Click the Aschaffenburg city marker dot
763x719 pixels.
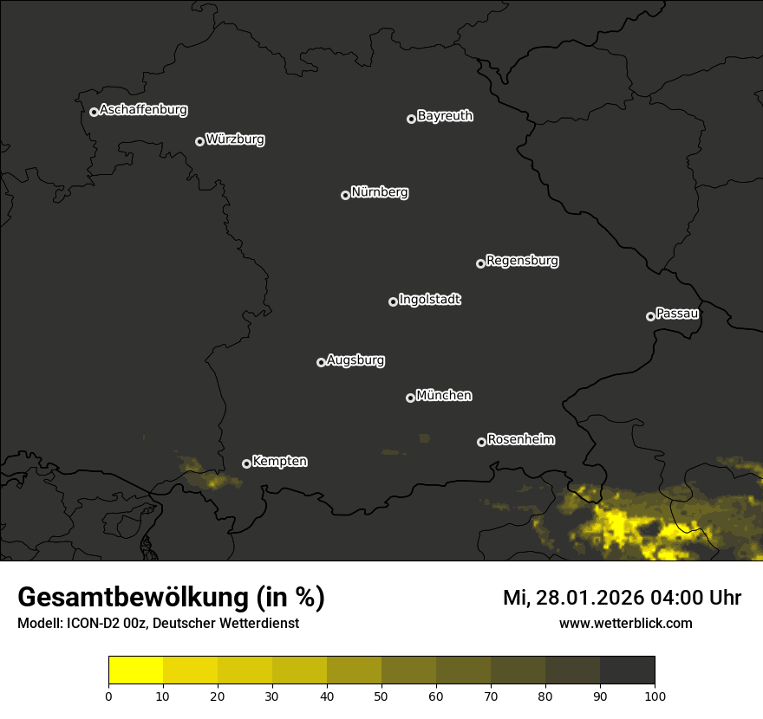[x=94, y=112]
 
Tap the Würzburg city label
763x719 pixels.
[x=235, y=139]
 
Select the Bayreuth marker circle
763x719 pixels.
[x=411, y=119]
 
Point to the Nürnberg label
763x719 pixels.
[x=380, y=192]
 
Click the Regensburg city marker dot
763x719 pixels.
[x=480, y=263]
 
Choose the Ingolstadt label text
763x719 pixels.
[x=430, y=300]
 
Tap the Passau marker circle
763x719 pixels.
[x=650, y=316]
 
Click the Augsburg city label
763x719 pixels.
[x=355, y=360]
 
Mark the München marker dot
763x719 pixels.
[x=410, y=398]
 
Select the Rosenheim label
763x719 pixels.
[x=520, y=440]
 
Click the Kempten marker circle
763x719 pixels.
[x=246, y=463]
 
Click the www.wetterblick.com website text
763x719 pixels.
[x=626, y=623]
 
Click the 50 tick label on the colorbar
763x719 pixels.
[x=381, y=696]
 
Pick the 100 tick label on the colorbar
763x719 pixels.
[x=655, y=696]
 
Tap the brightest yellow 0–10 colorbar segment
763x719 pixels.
[x=136, y=670]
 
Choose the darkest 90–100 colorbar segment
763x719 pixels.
[x=627, y=670]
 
